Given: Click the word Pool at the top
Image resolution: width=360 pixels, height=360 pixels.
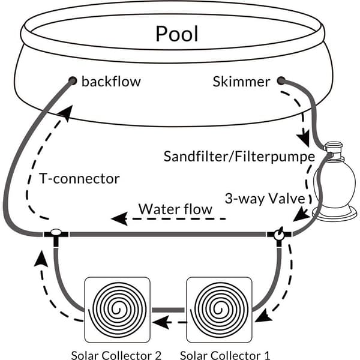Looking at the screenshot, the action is click(x=177, y=34).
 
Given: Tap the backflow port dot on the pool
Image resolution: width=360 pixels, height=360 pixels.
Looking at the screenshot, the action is click(x=73, y=81).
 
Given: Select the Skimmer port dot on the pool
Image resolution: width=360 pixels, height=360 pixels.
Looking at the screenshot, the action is click(x=281, y=81).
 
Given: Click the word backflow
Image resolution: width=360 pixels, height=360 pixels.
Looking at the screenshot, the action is click(x=111, y=82).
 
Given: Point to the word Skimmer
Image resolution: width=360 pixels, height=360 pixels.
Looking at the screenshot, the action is click(x=241, y=82).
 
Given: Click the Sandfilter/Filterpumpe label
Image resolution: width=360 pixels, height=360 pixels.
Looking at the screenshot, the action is click(x=239, y=157).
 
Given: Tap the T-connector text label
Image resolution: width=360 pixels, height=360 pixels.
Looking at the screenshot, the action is click(x=79, y=178).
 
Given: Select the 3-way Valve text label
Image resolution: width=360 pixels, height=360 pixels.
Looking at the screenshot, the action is click(x=265, y=199).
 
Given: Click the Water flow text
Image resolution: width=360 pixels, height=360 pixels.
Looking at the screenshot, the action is click(x=175, y=209).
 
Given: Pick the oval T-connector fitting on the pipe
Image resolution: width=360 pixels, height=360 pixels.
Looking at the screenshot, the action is click(x=56, y=232).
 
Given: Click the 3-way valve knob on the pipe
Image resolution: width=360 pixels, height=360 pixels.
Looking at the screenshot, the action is click(x=279, y=235).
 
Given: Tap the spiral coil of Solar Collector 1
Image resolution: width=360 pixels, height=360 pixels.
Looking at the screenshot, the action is click(x=219, y=310).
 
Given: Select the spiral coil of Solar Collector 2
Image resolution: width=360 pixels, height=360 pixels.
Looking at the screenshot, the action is click(x=118, y=310).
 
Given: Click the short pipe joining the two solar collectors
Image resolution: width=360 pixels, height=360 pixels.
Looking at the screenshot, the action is click(x=168, y=310).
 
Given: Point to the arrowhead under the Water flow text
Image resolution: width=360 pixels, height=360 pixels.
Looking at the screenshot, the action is click(x=119, y=218).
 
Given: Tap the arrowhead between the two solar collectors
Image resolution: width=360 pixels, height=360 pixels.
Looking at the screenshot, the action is click(x=161, y=322).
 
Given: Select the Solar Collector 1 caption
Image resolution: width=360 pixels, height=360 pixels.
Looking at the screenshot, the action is click(x=225, y=355).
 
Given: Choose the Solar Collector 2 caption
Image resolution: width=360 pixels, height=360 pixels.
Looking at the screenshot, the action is click(x=116, y=355).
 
